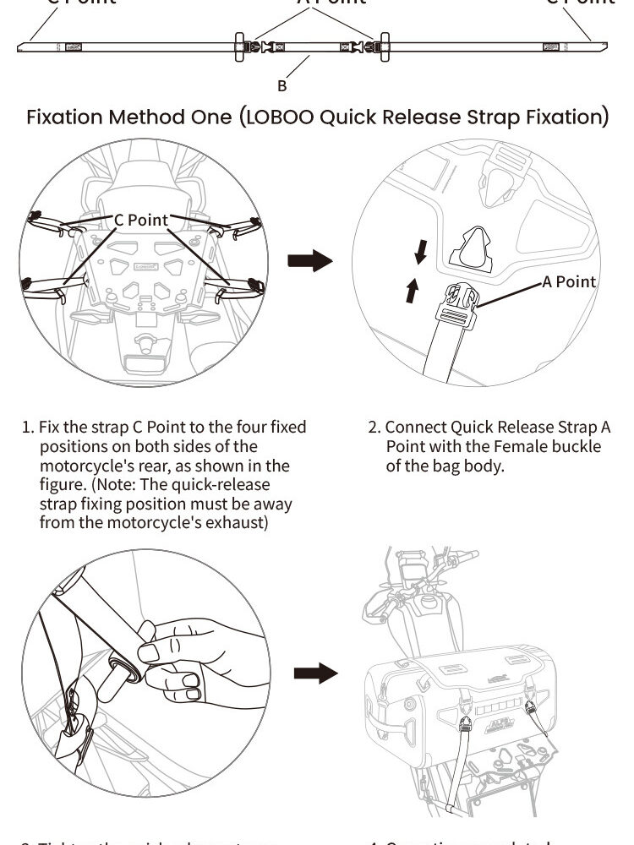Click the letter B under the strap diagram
(282, 85)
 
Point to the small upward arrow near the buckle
(412, 291)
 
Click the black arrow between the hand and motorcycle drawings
(315, 673)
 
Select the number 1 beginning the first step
(26, 428)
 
